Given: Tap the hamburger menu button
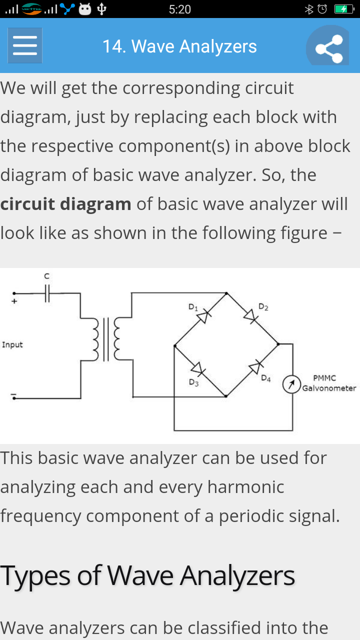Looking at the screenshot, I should click(25, 46).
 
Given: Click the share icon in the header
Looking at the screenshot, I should click(328, 48).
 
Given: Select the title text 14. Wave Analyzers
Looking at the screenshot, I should click(179, 46).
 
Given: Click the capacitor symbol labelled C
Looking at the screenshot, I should click(47, 293).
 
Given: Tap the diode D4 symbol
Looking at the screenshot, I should click(255, 367).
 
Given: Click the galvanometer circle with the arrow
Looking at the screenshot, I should click(291, 384).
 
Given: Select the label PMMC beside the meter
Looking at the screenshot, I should click(324, 378).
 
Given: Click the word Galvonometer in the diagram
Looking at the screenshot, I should click(329, 388).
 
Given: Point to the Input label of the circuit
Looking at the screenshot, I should click(12, 344).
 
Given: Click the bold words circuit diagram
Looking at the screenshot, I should click(65, 204).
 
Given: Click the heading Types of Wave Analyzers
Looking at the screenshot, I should click(147, 575).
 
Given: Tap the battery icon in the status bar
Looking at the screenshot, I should click(343, 9).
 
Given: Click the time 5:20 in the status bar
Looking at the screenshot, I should click(179, 9).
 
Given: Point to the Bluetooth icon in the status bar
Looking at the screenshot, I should click(309, 9).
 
